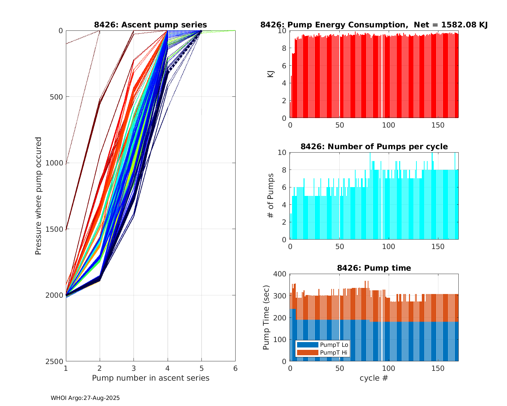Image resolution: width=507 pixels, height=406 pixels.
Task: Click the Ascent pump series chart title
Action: click(150, 25)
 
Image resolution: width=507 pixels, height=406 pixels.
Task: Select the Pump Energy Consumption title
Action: click(374, 25)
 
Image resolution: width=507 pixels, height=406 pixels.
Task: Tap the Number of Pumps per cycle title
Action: click(374, 146)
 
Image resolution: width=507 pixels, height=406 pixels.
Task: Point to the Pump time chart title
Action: click(374, 268)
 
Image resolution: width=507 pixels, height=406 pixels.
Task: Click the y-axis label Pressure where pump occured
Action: click(39, 196)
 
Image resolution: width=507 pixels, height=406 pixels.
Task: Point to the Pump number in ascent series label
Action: click(150, 378)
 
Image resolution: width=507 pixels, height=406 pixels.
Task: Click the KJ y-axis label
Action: click(271, 74)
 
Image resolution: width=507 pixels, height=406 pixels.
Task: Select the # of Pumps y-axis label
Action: click(271, 196)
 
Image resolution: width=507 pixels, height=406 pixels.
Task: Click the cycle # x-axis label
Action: click(374, 378)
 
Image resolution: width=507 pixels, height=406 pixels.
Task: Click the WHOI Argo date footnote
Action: click(85, 398)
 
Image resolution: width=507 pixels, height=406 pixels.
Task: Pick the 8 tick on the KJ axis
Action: click(284, 48)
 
